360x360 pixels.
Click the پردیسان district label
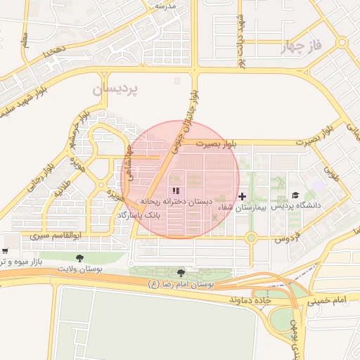(x=116, y=90)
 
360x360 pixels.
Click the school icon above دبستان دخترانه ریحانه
(x=176, y=191)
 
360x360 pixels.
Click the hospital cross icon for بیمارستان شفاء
(x=243, y=196)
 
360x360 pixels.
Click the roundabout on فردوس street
(x=251, y=238)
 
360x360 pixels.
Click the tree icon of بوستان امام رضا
(x=181, y=273)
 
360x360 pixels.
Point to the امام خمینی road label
(x=327, y=300)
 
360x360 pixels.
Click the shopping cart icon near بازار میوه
(x=5, y=251)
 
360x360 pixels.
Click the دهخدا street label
(x=53, y=51)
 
